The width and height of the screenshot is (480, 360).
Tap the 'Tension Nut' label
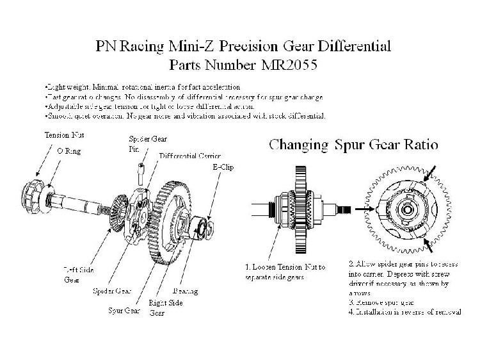(x=63, y=135)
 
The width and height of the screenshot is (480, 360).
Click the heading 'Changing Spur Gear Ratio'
(x=353, y=145)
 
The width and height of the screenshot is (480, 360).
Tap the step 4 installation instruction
(x=404, y=312)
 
